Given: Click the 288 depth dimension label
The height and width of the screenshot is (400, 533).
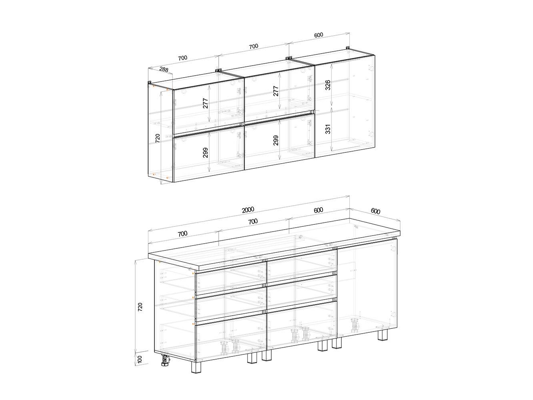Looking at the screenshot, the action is click(164, 70).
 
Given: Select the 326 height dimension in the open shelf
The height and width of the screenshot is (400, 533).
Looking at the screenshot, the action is click(328, 85).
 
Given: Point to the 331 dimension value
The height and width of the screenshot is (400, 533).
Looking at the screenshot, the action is click(328, 129).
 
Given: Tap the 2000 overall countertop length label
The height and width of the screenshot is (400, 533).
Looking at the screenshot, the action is click(248, 210).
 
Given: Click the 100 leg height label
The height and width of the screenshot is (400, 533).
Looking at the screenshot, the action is click(140, 366).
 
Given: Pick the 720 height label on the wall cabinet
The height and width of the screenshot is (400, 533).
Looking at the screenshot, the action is click(158, 138).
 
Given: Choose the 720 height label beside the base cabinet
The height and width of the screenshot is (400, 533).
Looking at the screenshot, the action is click(140, 307).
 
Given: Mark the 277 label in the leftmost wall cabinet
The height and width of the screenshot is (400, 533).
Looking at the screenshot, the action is click(205, 103).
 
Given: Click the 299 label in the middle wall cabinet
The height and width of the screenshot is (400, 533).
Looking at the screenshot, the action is click(276, 140).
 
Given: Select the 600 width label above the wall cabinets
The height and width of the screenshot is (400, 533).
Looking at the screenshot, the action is click(319, 35).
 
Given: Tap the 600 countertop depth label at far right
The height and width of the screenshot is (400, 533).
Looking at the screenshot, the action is click(375, 211).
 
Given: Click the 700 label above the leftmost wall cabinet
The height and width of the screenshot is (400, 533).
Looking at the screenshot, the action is click(182, 58).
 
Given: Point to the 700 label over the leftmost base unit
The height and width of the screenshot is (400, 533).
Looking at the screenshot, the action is click(182, 234).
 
